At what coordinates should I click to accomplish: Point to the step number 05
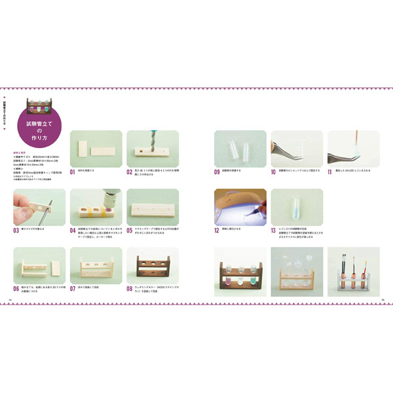(x=130, y=231)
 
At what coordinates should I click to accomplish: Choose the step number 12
(x=217, y=231)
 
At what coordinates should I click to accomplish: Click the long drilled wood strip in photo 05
(x=151, y=208)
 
